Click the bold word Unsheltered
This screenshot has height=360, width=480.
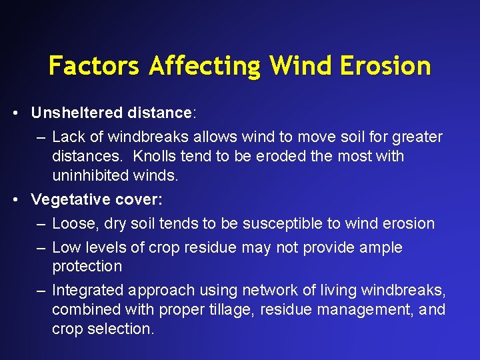77,113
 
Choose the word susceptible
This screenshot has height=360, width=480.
280,223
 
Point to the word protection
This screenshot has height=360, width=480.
87,266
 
